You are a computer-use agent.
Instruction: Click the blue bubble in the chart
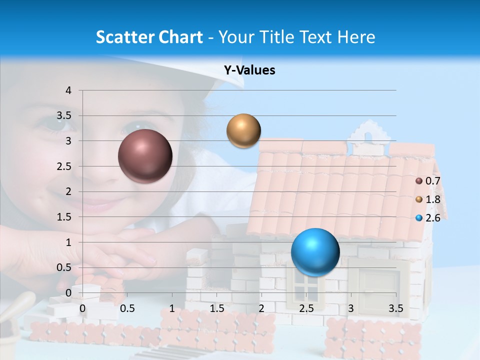pyautogui.click(x=315, y=251)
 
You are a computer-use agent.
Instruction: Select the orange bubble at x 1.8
pyautogui.click(x=243, y=130)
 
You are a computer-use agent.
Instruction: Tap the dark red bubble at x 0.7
pyautogui.click(x=145, y=156)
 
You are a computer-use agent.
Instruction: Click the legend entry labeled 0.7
pyautogui.click(x=428, y=181)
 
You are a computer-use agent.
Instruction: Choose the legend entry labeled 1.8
pyautogui.click(x=428, y=199)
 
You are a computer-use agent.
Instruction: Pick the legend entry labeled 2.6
pyautogui.click(x=428, y=218)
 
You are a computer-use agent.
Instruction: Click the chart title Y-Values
pyautogui.click(x=249, y=70)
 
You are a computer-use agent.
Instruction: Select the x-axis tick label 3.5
pyautogui.click(x=395, y=308)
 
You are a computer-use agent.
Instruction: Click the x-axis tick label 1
pyautogui.click(x=172, y=308)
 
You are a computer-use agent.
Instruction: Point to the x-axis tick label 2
pyautogui.click(x=261, y=308)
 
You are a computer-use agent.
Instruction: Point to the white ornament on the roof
pyautogui.click(x=369, y=134)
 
